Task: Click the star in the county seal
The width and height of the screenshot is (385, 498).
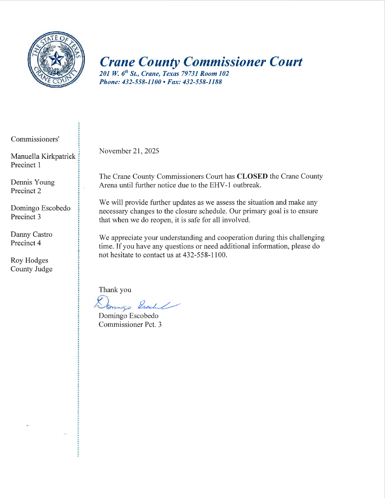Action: (56, 59)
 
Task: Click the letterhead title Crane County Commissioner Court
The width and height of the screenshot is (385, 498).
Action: (201, 62)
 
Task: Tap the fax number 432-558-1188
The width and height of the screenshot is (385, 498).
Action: (202, 82)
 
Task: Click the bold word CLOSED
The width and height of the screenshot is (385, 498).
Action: (252, 176)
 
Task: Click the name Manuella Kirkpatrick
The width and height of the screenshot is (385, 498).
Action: (43, 156)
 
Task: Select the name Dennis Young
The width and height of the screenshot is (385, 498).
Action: (33, 182)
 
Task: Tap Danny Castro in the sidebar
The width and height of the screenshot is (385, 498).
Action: (31, 234)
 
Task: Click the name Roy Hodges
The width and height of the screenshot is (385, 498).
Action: (29, 260)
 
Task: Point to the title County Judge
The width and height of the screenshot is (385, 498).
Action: (31, 269)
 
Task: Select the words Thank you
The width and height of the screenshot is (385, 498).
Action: (115, 290)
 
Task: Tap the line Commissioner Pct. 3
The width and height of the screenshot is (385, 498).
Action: (130, 324)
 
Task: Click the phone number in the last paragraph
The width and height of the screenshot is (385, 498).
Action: (204, 255)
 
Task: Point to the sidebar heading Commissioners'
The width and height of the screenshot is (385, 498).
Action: (35, 139)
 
